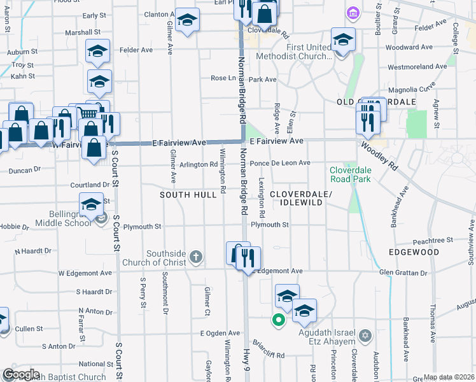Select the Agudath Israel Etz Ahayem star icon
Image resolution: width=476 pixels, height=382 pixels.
365,335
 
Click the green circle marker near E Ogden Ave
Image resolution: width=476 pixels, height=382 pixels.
278,320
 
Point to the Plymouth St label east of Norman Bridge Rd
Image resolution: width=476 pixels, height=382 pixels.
270,225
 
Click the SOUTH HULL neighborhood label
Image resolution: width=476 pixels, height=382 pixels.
188,194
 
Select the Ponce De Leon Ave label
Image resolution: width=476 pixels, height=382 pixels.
279,163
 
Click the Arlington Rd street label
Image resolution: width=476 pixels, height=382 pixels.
198,164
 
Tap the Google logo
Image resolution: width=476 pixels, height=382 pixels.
20,374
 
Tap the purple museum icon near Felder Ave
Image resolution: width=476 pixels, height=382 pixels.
352,13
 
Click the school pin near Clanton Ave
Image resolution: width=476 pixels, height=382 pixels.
187,20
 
